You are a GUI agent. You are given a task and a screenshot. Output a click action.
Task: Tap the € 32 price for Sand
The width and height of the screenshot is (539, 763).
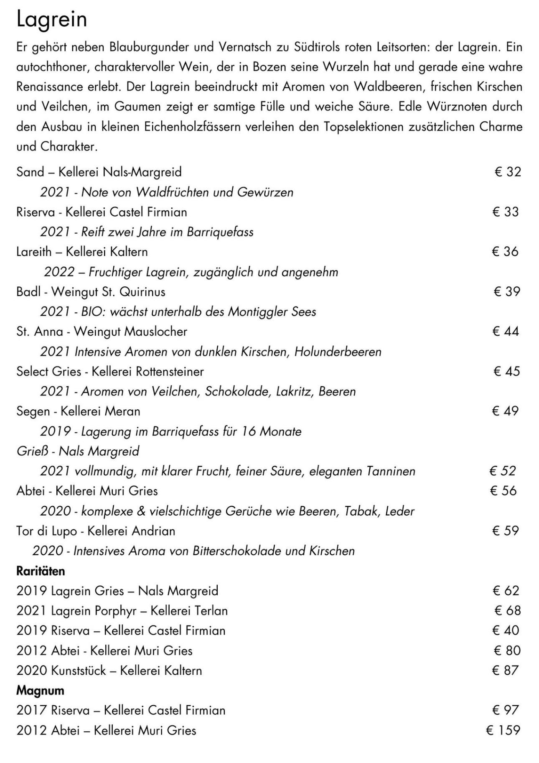507,172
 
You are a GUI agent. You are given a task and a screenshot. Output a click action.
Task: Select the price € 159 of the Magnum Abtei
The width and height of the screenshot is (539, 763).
503,730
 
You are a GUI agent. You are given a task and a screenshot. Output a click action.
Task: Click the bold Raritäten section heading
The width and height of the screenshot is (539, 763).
41,571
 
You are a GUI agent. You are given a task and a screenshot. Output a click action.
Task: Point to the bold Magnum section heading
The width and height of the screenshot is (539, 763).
40,690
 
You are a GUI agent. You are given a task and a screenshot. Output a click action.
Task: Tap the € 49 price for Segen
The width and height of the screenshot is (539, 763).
505,411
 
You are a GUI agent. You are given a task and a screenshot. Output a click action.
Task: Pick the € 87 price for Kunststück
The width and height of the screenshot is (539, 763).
506,670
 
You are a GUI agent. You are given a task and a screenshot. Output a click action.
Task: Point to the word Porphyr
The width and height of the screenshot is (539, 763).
115,611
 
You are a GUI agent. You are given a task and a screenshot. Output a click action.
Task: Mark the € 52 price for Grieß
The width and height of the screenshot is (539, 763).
503,471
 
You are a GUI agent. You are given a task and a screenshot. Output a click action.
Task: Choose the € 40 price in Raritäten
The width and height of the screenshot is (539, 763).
506,630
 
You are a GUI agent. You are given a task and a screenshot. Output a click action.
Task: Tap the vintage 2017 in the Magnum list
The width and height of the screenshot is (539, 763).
32,710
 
